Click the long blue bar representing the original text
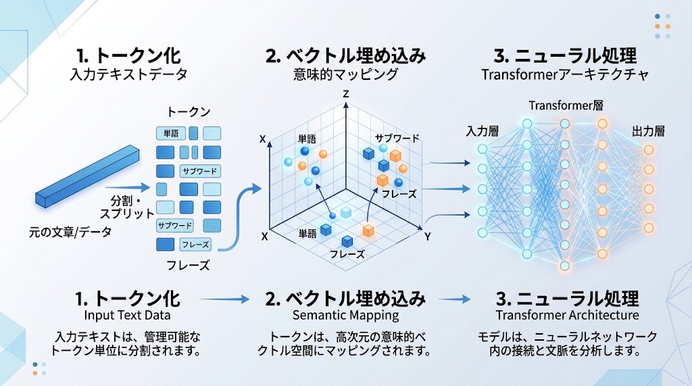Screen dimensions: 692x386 (87, 176)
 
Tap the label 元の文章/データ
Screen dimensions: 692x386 (70, 232)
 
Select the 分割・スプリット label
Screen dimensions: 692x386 (126, 207)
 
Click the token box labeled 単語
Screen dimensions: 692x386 (171, 133)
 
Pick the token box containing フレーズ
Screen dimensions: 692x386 (195, 244)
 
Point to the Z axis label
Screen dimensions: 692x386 (346, 94)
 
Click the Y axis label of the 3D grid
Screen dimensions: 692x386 (427, 237)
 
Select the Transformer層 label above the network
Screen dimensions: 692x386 (566, 105)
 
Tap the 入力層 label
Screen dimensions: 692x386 (483, 131)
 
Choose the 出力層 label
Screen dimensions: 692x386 (648, 131)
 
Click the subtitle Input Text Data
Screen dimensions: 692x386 (127, 315)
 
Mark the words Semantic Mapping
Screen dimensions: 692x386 (345, 315)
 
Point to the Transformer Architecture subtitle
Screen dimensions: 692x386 (567, 315)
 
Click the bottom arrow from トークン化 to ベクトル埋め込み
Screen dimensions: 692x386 (224, 299)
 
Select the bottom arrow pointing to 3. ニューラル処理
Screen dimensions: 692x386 (455, 299)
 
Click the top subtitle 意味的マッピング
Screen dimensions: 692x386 (345, 74)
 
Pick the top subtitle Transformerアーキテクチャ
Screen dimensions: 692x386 (565, 74)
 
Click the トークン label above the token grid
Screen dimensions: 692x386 (189, 112)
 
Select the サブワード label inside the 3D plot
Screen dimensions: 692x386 (397, 138)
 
